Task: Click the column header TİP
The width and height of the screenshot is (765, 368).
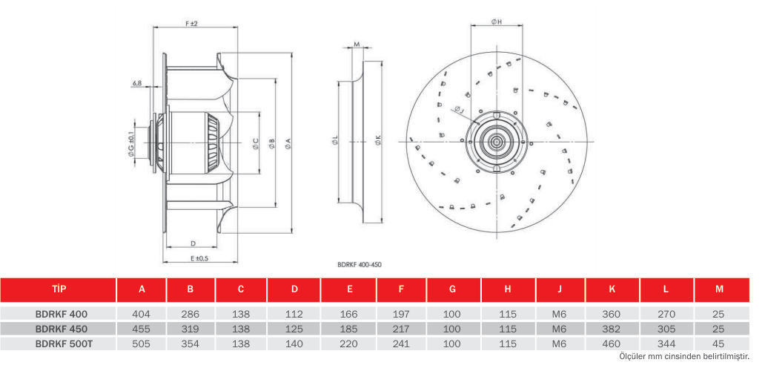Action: [58, 289]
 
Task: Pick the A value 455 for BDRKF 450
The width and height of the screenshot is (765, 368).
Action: [142, 329]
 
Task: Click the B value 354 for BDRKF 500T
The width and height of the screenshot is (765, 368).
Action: [191, 344]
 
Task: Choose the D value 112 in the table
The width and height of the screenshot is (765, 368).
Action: [294, 315]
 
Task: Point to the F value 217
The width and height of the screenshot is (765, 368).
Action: [401, 329]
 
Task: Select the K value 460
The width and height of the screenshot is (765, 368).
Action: [612, 344]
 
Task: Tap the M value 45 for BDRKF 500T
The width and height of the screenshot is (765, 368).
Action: [719, 344]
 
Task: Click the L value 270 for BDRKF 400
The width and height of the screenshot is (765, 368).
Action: [666, 315]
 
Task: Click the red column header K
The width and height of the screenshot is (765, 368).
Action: [612, 289]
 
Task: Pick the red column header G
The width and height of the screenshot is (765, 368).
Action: [453, 289]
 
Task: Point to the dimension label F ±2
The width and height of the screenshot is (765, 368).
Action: [191, 24]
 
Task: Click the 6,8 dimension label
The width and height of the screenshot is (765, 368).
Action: [136, 83]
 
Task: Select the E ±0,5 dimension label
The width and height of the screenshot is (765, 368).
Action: [199, 258]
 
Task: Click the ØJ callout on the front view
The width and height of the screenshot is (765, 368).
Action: [459, 110]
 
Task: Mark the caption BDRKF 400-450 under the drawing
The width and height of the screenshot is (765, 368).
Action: [360, 265]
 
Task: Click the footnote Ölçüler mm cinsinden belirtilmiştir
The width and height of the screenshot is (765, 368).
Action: [683, 357]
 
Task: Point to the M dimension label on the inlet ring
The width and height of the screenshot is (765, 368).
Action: [357, 45]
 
